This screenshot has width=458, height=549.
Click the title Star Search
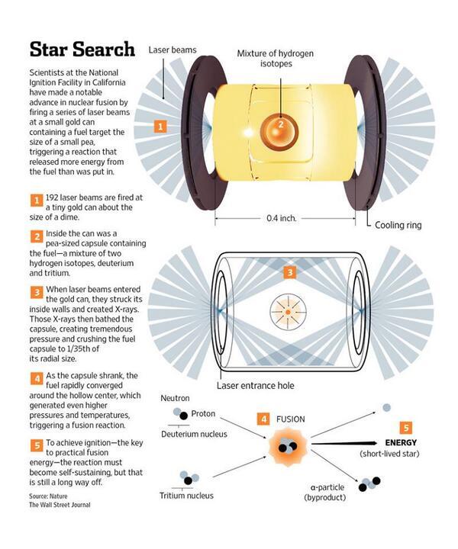(x=83, y=50)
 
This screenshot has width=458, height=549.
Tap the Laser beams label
(x=173, y=50)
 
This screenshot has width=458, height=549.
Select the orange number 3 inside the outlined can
(x=289, y=272)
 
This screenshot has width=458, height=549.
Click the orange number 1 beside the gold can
(x=160, y=126)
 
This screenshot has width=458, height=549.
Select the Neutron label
(x=176, y=399)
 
